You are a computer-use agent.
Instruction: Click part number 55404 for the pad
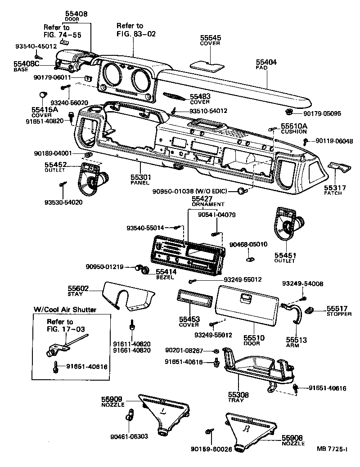point(266,62)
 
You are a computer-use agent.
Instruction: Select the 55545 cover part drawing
point(207,64)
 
